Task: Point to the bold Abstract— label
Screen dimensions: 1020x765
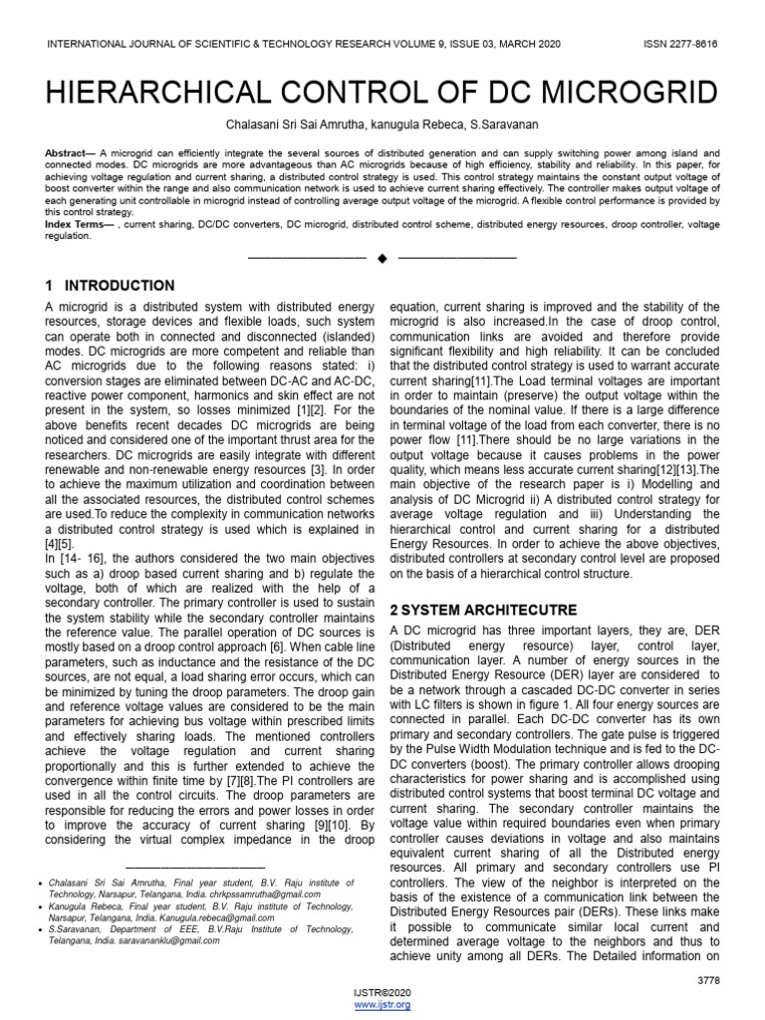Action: pos(71,153)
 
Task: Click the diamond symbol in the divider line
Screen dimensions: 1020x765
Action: pos(382,259)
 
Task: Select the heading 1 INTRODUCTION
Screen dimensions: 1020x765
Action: pos(111,286)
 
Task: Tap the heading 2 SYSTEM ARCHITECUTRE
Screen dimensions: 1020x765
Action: pos(483,609)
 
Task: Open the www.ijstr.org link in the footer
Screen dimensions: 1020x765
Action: pos(382,1005)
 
